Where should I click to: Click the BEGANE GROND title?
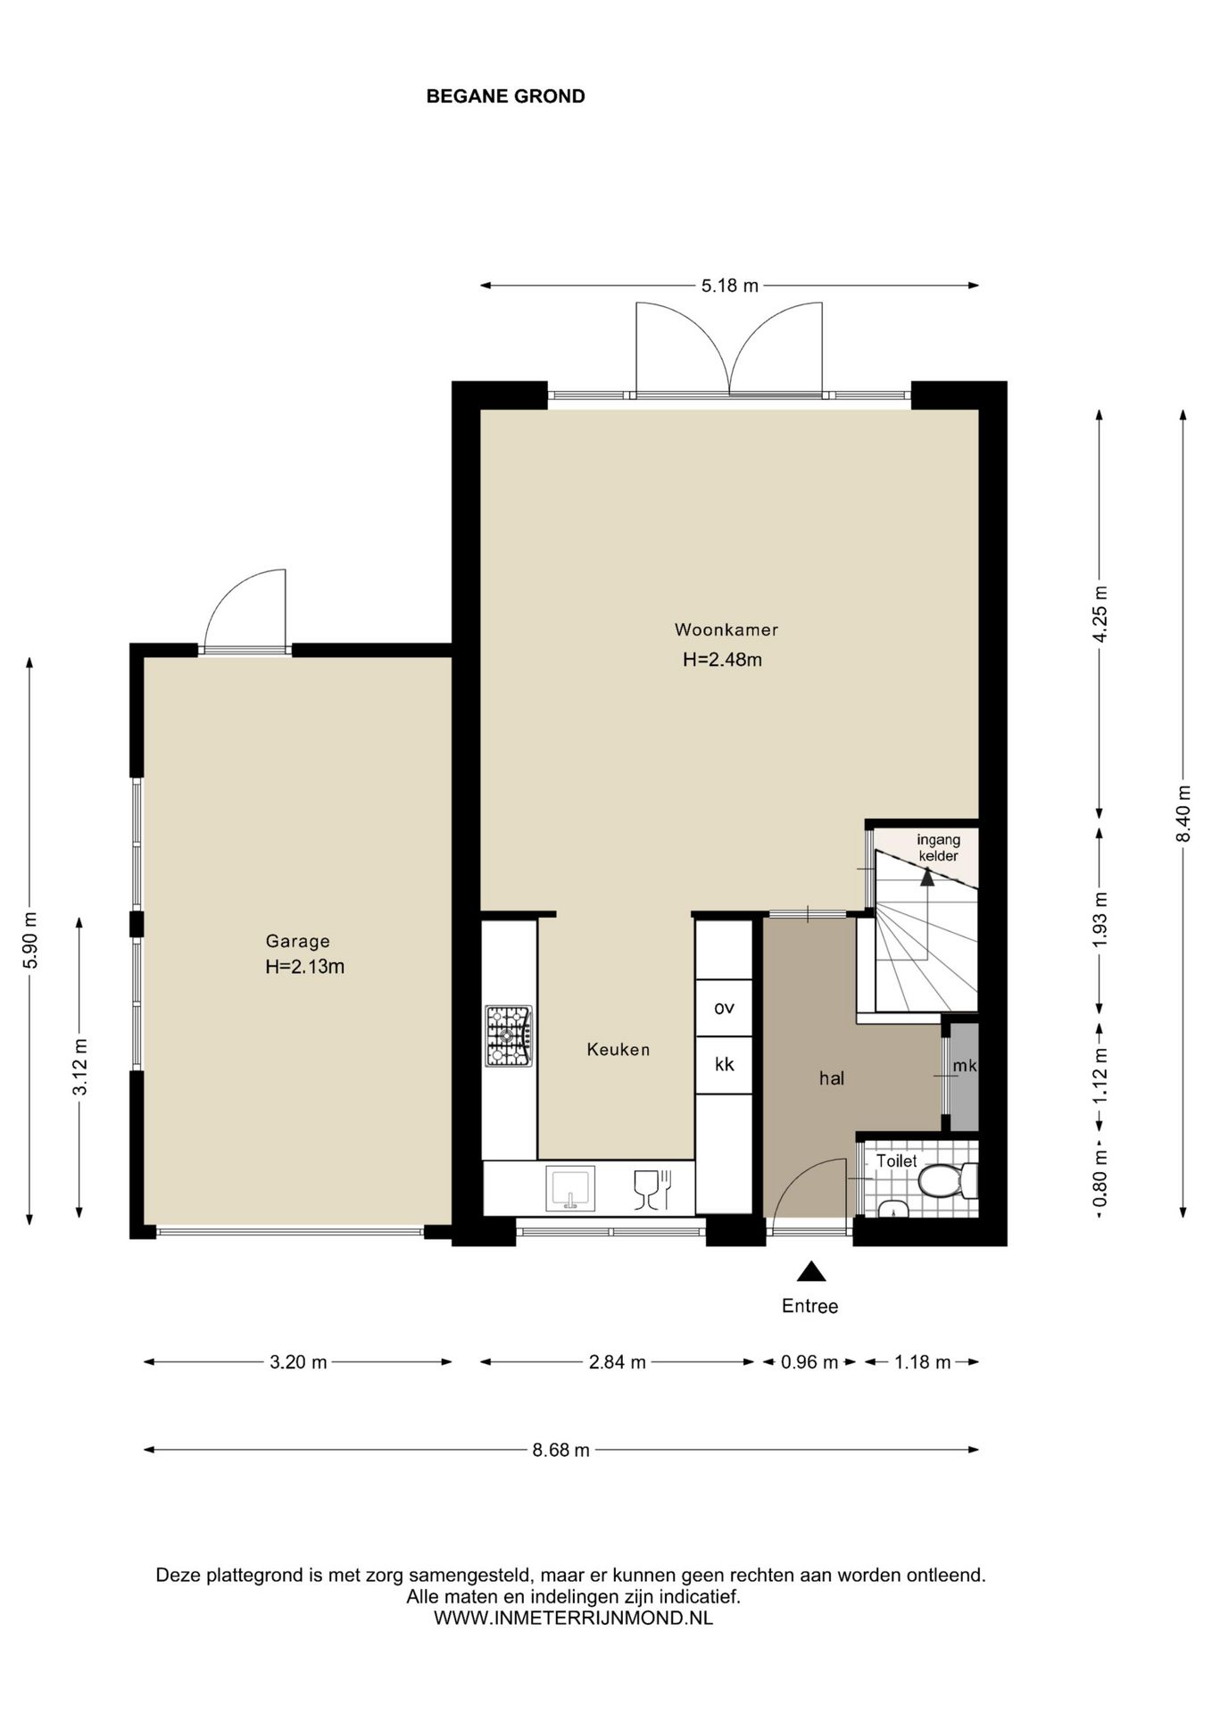tap(505, 96)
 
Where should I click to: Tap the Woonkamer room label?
tap(726, 629)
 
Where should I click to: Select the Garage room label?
tap(297, 941)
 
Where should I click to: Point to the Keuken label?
tap(618, 1050)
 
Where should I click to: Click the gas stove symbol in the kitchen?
tap(509, 1036)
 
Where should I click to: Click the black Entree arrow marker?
tap(810, 1271)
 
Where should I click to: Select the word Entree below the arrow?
tap(809, 1306)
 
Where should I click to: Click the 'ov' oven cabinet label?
tap(724, 1008)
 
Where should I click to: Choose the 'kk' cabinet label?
tap(724, 1064)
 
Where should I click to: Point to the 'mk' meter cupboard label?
tap(965, 1066)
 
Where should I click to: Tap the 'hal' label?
tap(831, 1078)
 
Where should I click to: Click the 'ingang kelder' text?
tap(938, 848)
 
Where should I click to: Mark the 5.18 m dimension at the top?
tap(729, 286)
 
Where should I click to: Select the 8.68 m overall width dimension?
tap(561, 1450)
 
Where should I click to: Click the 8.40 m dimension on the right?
tap(1183, 812)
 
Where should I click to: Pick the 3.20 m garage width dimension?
tap(298, 1361)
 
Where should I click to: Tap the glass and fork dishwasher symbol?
tap(652, 1190)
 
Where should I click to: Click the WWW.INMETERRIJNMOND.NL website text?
tap(573, 1618)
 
